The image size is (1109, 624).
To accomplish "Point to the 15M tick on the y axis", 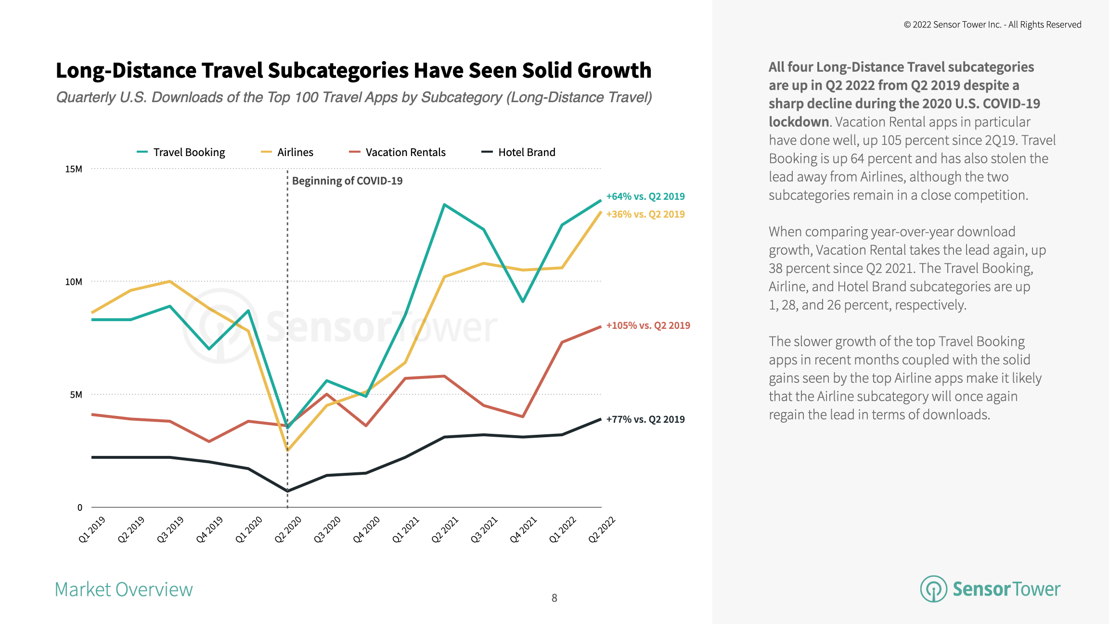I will pos(74,169).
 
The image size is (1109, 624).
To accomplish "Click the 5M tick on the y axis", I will pos(76,395).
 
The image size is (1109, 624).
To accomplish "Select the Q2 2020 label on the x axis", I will pos(288,529).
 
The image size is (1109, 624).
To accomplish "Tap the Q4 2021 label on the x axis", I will pos(523,529).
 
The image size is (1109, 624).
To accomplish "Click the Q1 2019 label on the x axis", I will pos(92,529).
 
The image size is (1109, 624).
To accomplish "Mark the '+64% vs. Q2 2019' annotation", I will pos(645,196).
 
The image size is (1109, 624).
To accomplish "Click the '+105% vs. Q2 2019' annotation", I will pos(648,325).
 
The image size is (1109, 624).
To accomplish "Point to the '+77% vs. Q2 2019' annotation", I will pos(645,419).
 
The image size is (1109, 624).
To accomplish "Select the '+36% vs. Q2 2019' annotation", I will pos(645,214).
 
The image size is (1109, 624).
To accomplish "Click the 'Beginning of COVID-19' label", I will pos(347,181).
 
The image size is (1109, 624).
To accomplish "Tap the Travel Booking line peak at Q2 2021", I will pos(444,205).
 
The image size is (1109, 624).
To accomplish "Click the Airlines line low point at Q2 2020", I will pos(288,451).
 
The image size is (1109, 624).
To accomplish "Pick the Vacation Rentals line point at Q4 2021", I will pos(523,416).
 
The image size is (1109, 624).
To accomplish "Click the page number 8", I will pos(554,598).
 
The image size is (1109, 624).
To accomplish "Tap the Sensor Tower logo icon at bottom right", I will pos(933,589).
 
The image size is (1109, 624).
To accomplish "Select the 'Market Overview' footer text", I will pos(124,590).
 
